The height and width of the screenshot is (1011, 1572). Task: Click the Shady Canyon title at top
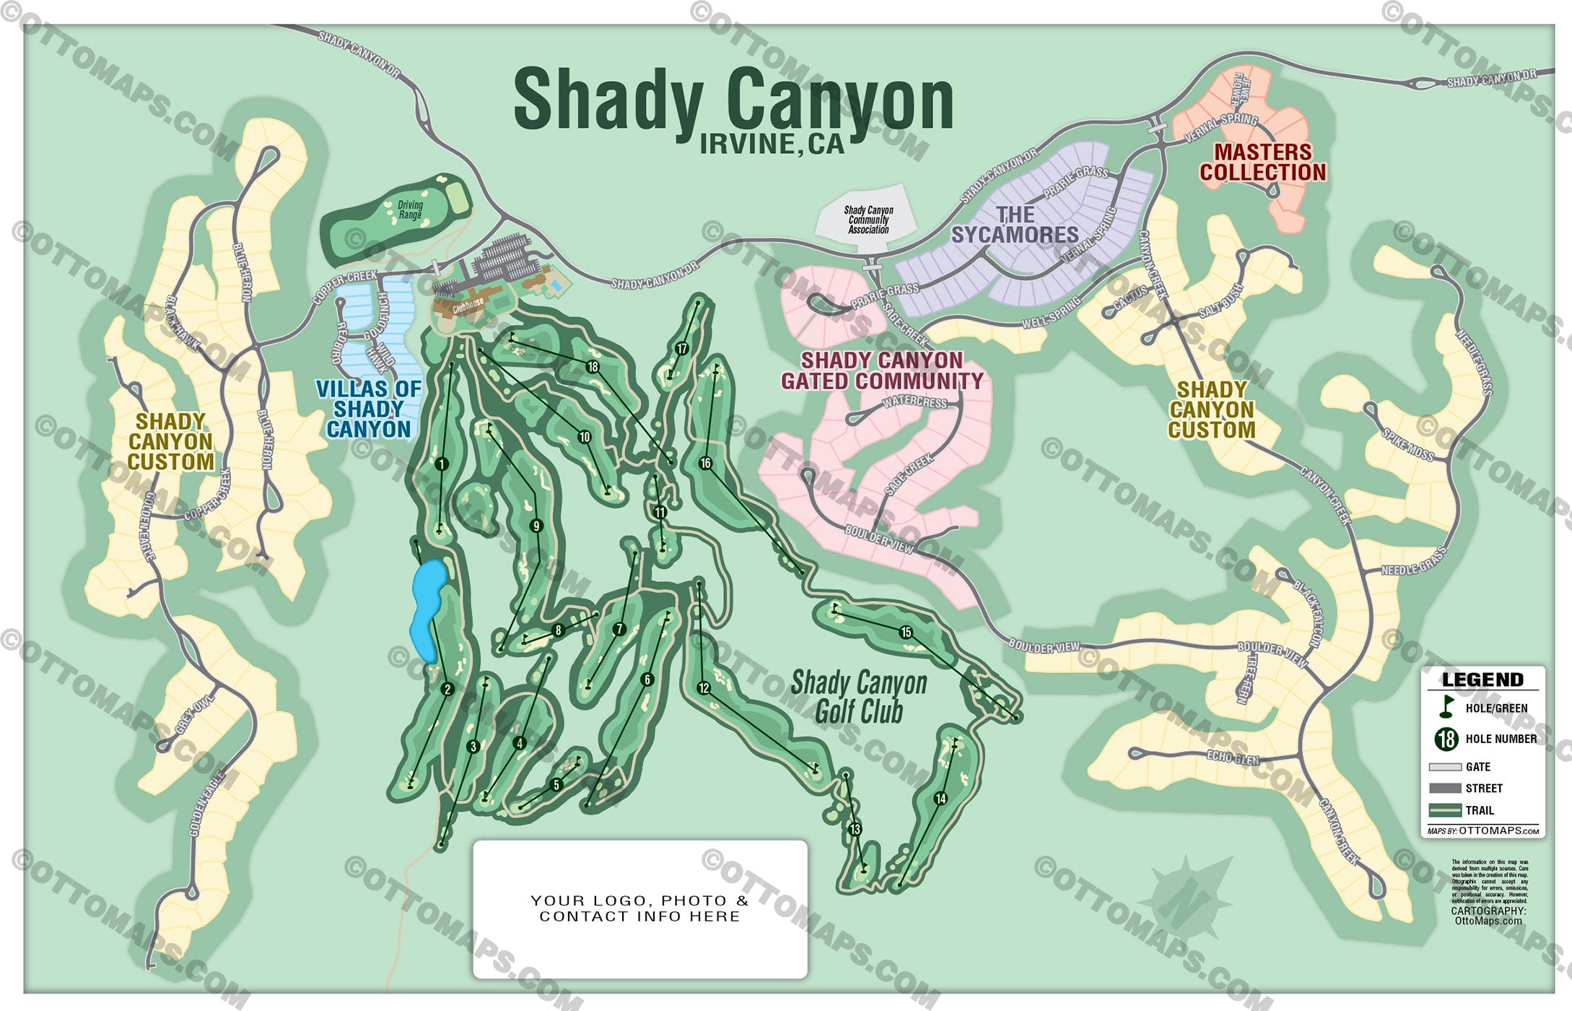click(x=733, y=101)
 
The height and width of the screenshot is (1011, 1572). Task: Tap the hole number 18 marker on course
click(x=593, y=367)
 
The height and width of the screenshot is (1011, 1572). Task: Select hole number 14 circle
click(x=940, y=798)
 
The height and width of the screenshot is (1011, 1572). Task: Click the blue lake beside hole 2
click(x=427, y=607)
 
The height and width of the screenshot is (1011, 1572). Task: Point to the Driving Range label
click(x=410, y=210)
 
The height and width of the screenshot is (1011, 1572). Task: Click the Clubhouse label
click(x=468, y=306)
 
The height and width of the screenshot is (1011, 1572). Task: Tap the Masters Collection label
click(x=1262, y=162)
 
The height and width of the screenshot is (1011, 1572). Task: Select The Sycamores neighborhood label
click(x=1015, y=225)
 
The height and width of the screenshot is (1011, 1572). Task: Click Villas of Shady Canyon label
click(x=368, y=409)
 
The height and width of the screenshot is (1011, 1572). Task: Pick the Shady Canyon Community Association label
click(x=868, y=220)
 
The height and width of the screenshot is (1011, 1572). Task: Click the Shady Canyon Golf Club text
click(x=859, y=697)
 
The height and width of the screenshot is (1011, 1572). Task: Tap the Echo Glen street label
click(x=1232, y=758)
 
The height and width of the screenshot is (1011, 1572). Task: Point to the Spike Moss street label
click(x=1407, y=445)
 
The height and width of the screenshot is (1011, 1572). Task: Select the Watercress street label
click(x=914, y=402)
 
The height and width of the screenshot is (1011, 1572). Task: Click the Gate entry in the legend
click(x=1477, y=767)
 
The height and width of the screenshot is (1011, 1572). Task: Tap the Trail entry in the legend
click(x=1479, y=810)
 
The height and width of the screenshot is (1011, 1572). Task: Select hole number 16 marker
click(x=705, y=463)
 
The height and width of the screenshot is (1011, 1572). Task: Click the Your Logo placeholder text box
click(x=639, y=908)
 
